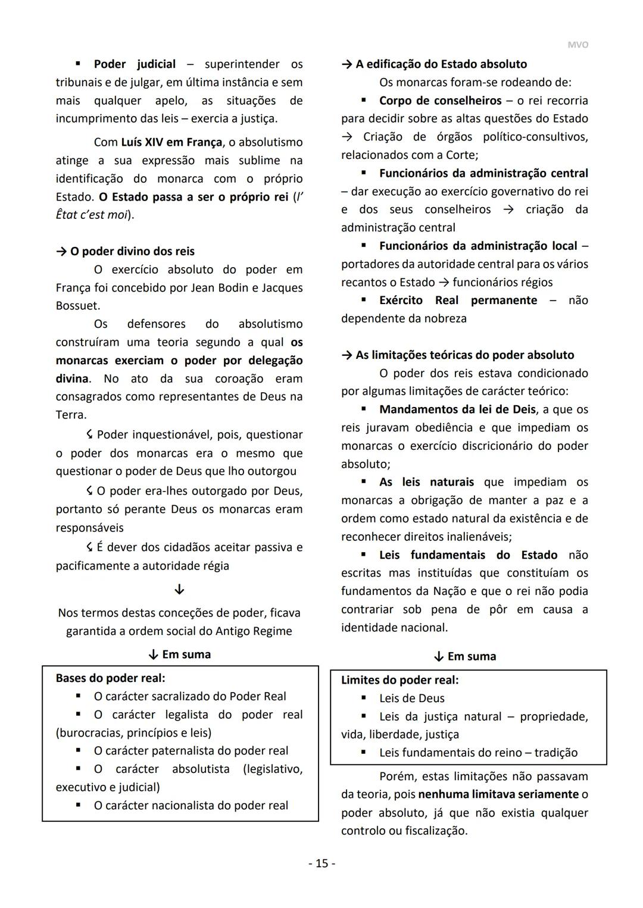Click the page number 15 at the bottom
point(321,863)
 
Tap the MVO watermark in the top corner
point(578,45)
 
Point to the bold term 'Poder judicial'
point(135,64)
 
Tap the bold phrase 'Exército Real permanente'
point(458,300)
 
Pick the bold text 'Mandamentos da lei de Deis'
point(458,409)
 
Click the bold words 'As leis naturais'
point(426,482)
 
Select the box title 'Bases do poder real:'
point(110,678)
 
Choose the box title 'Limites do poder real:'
point(399,680)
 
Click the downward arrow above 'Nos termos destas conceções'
point(179,590)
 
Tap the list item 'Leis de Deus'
point(411,698)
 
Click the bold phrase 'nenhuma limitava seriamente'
point(498,794)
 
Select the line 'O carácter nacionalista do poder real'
point(191,805)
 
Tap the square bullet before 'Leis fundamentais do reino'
point(364,752)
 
